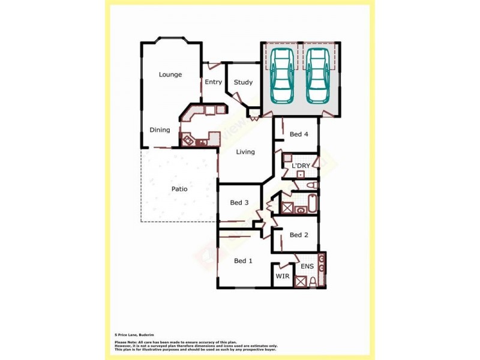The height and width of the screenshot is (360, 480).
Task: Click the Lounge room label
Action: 170,74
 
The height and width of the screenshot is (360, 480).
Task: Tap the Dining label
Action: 160,130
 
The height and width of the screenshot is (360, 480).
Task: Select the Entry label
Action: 213,82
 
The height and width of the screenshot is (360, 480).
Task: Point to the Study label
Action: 243,82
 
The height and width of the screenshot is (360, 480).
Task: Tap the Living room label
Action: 245,152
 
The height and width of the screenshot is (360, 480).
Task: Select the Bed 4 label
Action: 299,134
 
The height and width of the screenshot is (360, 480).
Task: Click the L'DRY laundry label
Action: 301,165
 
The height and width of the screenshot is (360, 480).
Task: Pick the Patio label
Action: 179,189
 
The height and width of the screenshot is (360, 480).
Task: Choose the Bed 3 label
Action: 239,203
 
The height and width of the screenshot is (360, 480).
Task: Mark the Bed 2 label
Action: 299,235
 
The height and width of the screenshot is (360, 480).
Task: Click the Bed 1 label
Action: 243,260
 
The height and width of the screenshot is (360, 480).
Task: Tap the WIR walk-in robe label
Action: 282,276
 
